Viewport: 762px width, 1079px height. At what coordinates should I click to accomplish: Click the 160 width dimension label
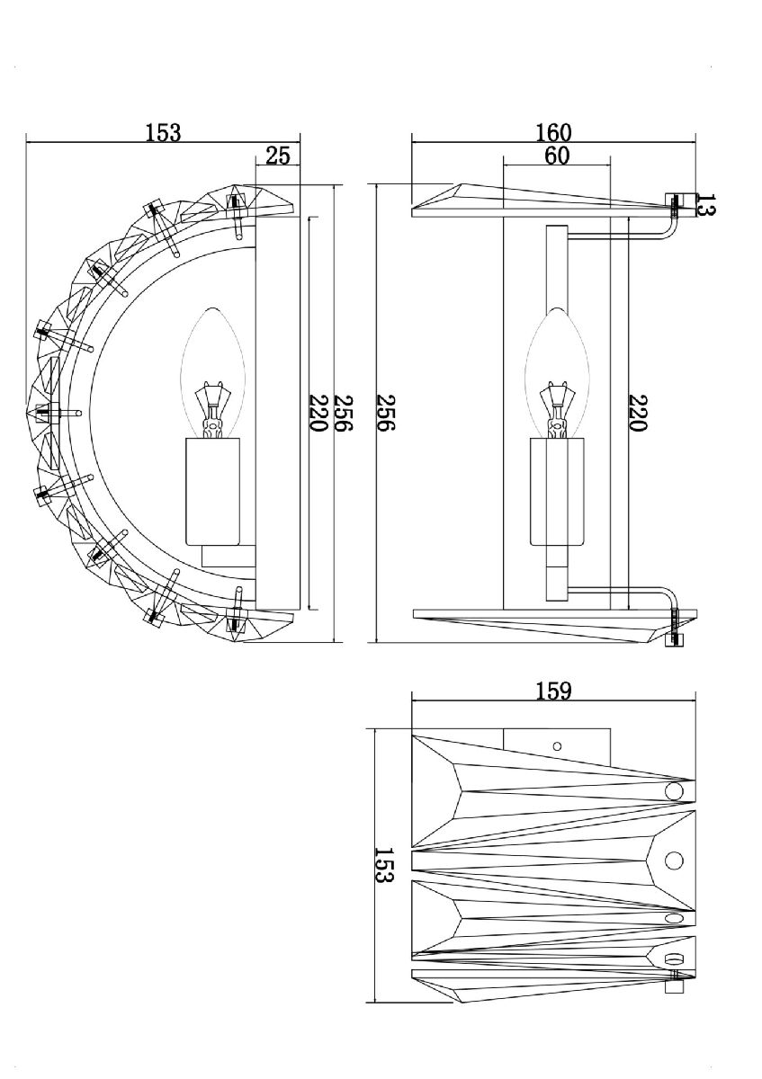[x=553, y=132]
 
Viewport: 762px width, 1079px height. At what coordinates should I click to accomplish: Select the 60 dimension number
[x=557, y=156]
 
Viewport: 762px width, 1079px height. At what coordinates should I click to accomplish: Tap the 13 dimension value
[x=706, y=205]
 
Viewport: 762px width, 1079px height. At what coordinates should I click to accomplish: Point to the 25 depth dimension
[x=278, y=156]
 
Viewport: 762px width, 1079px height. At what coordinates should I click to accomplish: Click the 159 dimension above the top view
[x=553, y=691]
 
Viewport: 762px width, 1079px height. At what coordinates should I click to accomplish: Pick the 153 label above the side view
[x=163, y=132]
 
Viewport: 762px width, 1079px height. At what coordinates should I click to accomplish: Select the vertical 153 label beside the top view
[x=383, y=864]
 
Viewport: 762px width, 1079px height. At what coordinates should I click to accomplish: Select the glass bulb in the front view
[x=557, y=360]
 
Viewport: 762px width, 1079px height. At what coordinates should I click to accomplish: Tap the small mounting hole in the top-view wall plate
[x=557, y=745]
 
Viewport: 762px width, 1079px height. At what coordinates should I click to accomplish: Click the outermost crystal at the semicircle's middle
[x=40, y=413]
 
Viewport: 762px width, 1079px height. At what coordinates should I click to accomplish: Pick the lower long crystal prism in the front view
[x=540, y=624]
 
